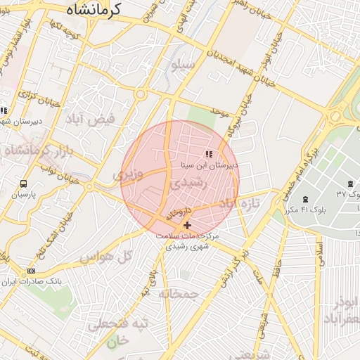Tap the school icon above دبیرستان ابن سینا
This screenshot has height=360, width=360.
(x=208, y=154)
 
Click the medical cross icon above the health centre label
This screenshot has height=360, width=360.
(x=187, y=225)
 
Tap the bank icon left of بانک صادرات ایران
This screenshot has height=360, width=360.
(x=31, y=271)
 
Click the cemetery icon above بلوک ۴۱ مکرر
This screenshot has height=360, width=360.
(x=304, y=200)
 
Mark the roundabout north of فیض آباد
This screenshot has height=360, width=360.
(x=141, y=94)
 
